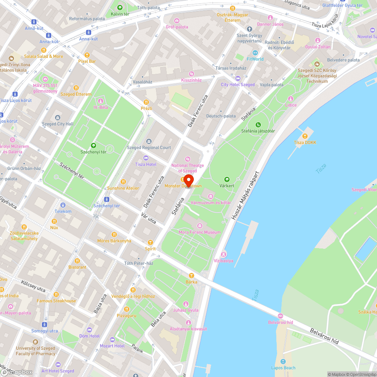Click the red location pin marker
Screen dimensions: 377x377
(x=188, y=181)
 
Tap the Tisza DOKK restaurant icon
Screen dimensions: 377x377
(x=305, y=136)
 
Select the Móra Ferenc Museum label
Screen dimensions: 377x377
(x=200, y=232)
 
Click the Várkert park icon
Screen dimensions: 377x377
(x=227, y=179)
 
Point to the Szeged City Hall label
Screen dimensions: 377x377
(x=58, y=124)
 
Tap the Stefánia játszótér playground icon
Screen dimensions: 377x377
(x=258, y=125)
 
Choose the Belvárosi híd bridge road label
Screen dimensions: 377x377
(x=324, y=337)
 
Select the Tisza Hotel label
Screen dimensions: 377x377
(x=146, y=164)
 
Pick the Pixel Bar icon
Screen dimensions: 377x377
(x=87, y=55)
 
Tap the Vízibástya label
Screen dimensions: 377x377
(x=224, y=261)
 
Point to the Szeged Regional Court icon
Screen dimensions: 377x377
(x=149, y=141)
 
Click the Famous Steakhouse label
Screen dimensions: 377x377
(x=56, y=301)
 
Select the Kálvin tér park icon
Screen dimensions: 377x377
(x=120, y=8)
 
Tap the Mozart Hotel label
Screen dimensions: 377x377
(x=112, y=346)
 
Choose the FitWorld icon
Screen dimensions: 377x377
(x=255, y=53)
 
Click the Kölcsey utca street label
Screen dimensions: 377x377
(x=33, y=286)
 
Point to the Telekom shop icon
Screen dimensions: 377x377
(x=63, y=205)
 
